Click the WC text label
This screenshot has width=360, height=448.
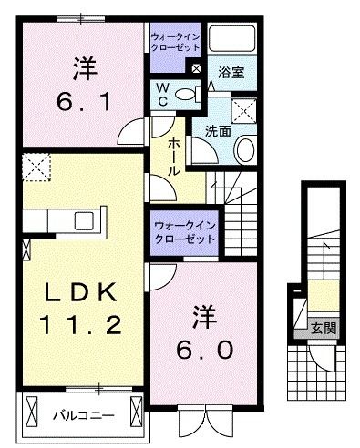point(162,94)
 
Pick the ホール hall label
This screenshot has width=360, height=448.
point(174,157)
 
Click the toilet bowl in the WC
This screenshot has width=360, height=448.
point(186,94)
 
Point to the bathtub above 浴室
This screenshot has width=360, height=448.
point(234,40)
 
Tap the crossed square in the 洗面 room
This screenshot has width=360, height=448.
point(243,112)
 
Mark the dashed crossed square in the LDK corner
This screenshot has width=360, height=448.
point(37,167)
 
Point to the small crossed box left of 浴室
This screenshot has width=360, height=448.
point(196,67)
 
